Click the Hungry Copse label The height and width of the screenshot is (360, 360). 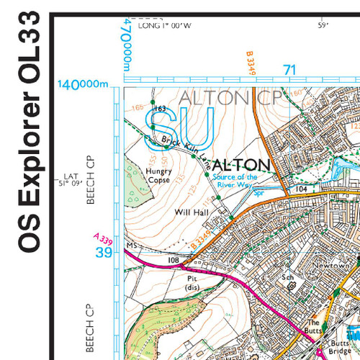click(159, 176)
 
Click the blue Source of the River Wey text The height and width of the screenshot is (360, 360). click(237, 180)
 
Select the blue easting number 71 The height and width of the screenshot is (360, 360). click(290, 70)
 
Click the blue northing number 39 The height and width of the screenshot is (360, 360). click(104, 252)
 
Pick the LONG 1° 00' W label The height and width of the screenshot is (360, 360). click(166, 26)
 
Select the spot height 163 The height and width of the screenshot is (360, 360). click(160, 109)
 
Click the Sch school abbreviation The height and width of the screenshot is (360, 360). click(289, 276)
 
